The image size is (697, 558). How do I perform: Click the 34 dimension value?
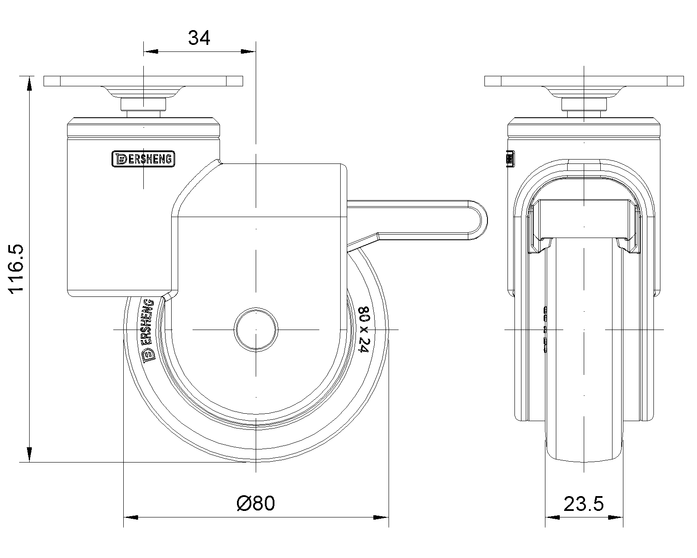coord(199,38)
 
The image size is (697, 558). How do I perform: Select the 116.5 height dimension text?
coord(18,269)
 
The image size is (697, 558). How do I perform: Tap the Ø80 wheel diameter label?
coord(256,504)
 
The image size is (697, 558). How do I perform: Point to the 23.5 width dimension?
coord(584,504)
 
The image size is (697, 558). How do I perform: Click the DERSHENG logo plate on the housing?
coord(143,159)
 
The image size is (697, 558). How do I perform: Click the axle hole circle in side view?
coord(256,329)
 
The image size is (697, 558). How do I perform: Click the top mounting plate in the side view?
coord(143,81)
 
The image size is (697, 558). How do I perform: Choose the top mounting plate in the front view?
coord(584,81)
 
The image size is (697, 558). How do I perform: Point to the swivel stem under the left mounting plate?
coord(143,105)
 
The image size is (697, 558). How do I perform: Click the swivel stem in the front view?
coord(584,105)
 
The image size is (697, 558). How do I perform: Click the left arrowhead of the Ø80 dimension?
coord(131,517)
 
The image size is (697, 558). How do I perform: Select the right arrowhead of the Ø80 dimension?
coord(381,517)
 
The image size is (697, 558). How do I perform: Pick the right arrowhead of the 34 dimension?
coord(248,52)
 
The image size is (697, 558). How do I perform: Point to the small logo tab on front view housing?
coord(510,159)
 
